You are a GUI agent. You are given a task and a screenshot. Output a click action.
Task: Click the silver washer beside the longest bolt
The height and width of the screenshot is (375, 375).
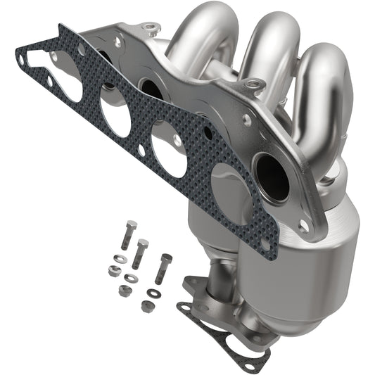pyautogui.click(x=120, y=260)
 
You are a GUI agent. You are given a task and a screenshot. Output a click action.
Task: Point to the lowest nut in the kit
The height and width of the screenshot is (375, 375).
pyautogui.click(x=146, y=307)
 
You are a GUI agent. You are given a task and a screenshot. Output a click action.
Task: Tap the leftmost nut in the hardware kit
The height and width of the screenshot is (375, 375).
pyautogui.click(x=114, y=271)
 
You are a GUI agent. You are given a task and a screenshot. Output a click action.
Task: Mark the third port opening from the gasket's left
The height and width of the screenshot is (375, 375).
pyautogui.click(x=168, y=148)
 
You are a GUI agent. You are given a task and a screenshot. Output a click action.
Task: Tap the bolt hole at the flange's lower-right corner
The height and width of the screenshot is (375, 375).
pyautogui.click(x=303, y=227)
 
